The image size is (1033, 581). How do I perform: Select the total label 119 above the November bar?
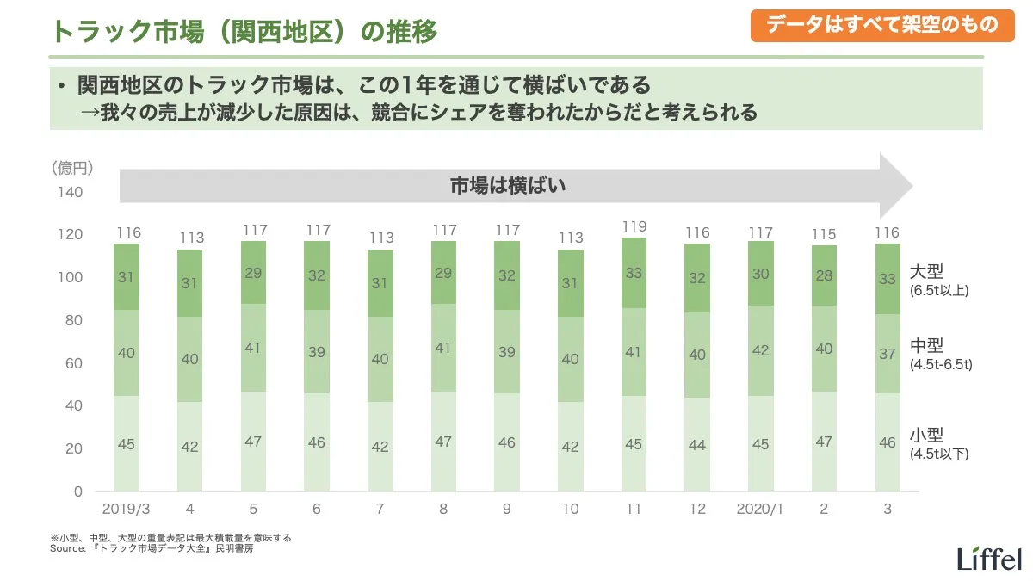[634, 227]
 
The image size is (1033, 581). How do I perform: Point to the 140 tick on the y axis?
[71, 192]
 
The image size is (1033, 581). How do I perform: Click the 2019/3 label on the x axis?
[126, 510]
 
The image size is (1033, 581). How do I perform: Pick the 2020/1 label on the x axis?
[760, 510]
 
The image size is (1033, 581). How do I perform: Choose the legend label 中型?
[926, 346]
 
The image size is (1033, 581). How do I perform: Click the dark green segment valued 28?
[824, 275]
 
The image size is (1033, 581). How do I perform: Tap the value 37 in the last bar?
[887, 354]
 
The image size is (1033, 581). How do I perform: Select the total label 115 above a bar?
[824, 234]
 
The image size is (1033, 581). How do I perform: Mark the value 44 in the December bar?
[697, 446]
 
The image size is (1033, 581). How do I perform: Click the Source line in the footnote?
[152, 547]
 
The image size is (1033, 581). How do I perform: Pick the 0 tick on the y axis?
[77, 491]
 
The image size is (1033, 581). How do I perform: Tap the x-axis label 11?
[634, 510]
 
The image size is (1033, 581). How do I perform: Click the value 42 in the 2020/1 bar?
[760, 351]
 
